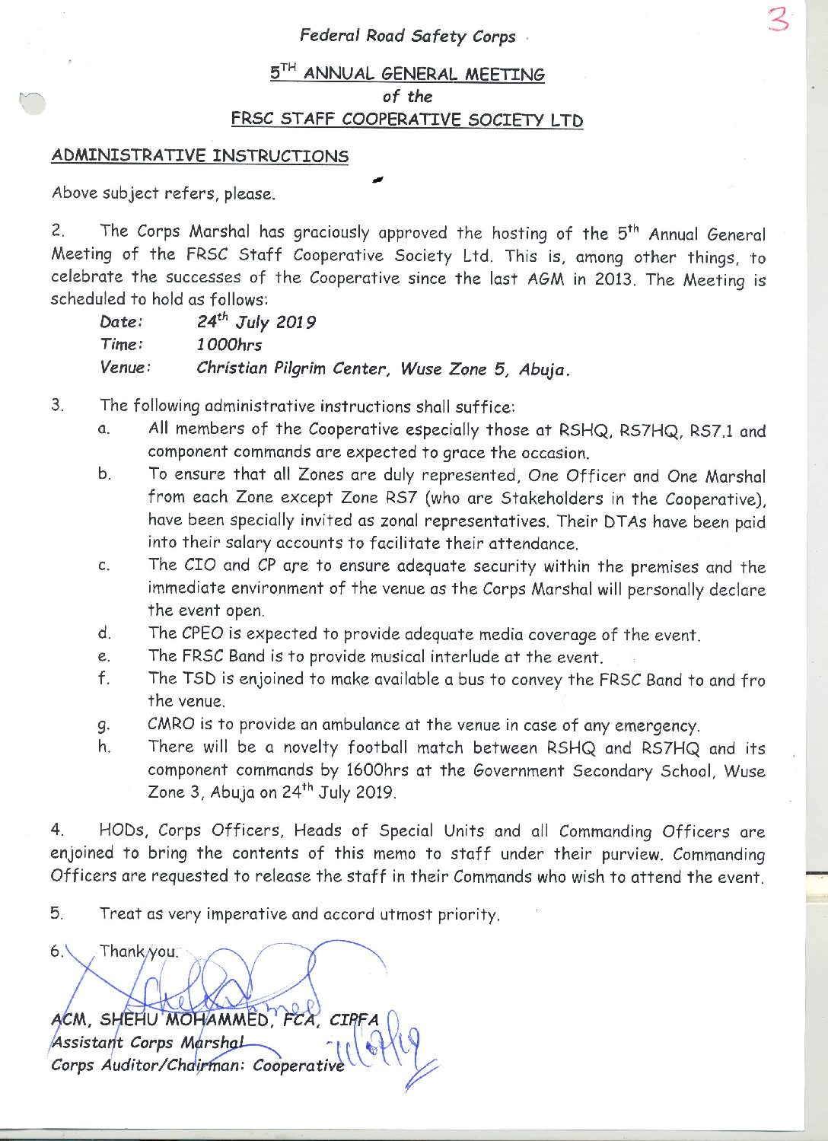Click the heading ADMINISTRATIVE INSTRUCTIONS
(199, 156)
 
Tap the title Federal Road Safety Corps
(407, 36)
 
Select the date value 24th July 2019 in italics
(256, 322)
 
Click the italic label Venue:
(126, 368)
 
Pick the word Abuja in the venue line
(543, 370)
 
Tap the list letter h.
(104, 747)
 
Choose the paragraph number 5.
(57, 913)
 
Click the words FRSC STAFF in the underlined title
(284, 120)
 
